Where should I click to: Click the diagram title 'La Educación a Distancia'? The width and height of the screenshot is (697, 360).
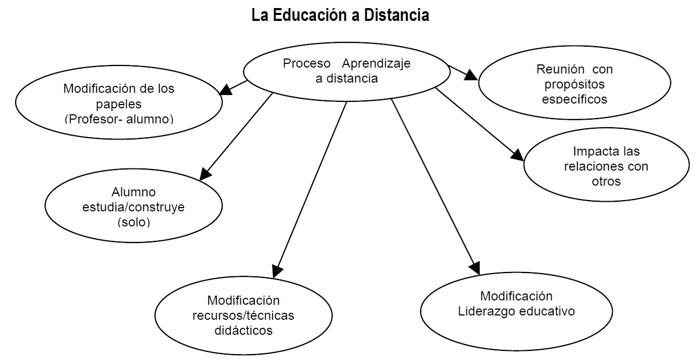click(340, 15)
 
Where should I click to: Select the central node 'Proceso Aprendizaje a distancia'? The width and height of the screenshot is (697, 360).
click(346, 71)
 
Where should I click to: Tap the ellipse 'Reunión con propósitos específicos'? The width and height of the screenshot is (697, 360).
click(574, 84)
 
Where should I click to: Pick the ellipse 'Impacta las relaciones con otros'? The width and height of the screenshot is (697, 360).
click(606, 166)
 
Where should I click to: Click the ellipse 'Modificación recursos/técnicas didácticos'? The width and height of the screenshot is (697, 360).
click(243, 315)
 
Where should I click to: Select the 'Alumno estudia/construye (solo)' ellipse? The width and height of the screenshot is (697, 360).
click(133, 207)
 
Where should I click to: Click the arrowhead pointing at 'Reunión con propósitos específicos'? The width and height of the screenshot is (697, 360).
click(471, 75)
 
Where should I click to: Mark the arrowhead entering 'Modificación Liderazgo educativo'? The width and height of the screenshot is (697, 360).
click(474, 267)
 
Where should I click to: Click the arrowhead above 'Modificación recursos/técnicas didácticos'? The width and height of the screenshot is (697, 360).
click(277, 270)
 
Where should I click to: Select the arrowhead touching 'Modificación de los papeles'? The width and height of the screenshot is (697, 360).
click(226, 90)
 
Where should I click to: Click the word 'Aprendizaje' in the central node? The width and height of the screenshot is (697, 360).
click(376, 63)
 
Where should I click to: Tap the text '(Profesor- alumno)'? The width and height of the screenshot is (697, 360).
click(119, 119)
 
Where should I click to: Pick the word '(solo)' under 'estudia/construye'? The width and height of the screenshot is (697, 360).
click(133, 222)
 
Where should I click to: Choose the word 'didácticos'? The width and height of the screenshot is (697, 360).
click(243, 330)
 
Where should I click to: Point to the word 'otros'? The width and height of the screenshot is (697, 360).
click(606, 181)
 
